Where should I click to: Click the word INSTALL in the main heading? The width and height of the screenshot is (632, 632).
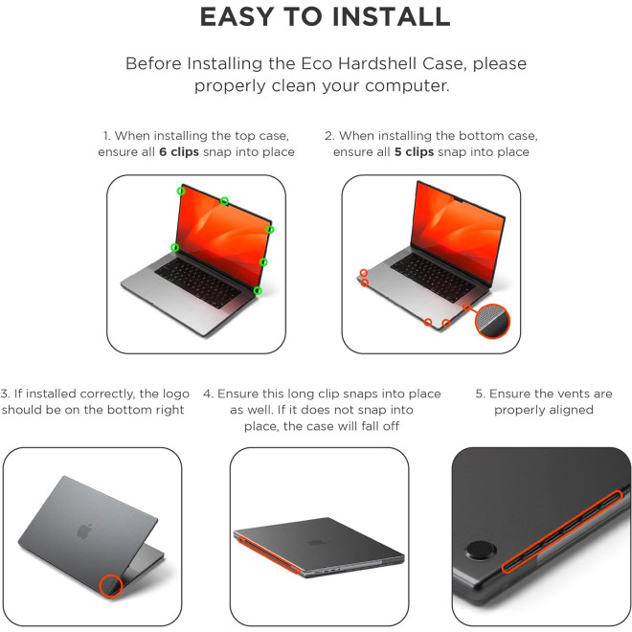[x=391, y=16]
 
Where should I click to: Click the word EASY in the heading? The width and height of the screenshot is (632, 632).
[x=237, y=16]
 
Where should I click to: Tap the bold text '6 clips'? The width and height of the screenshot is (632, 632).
[x=179, y=152]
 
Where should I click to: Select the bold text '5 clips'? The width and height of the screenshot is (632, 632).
[x=414, y=152]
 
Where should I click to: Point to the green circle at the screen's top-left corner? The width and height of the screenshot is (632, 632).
[x=181, y=192]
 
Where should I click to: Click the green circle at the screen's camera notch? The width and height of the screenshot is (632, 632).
[x=224, y=201]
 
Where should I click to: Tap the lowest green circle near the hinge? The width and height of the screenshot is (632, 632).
[x=258, y=290]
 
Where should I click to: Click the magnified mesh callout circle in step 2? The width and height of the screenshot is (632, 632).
[x=492, y=321]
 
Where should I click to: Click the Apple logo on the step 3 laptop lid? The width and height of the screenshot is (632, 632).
[x=84, y=531]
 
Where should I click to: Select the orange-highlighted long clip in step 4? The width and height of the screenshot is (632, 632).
[x=268, y=554]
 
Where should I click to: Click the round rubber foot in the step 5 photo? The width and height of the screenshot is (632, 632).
[x=481, y=551]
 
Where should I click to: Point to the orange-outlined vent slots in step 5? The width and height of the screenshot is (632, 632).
[x=562, y=531]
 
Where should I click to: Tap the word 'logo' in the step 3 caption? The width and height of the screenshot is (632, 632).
[x=176, y=395]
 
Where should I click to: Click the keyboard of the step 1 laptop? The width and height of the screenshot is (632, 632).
[x=198, y=282]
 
